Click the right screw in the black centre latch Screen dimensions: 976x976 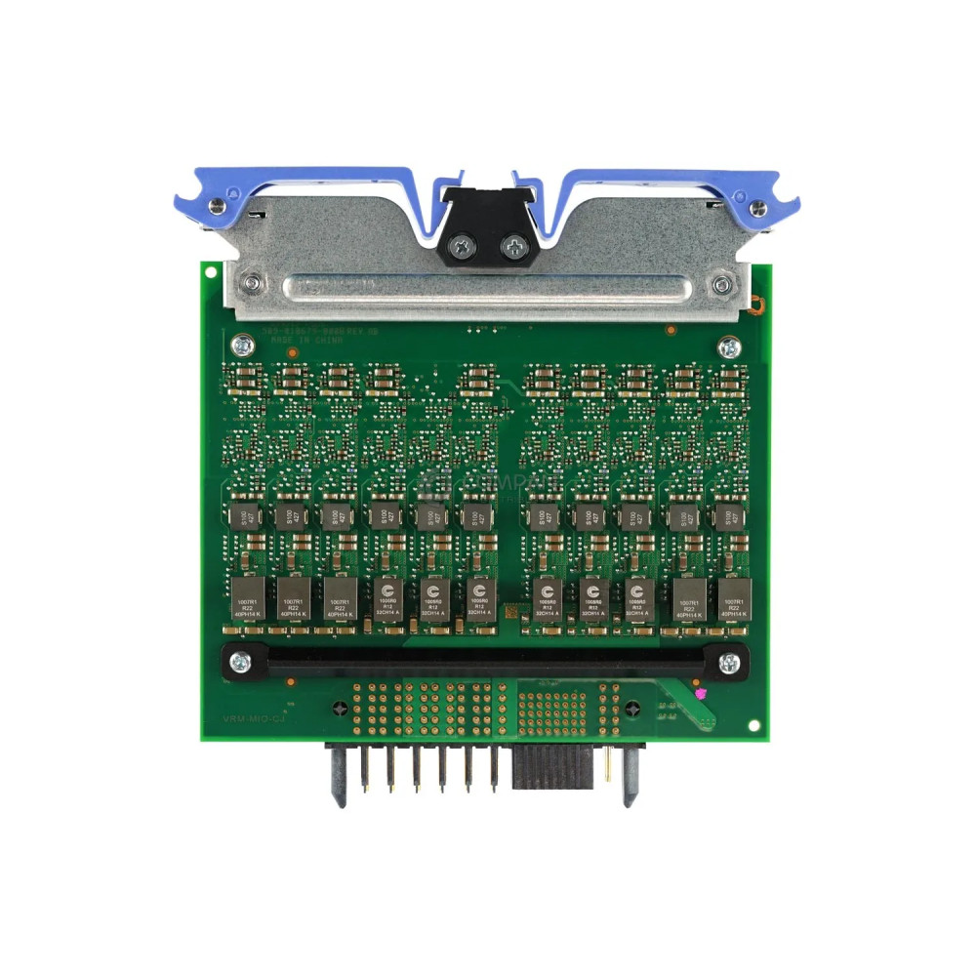510,248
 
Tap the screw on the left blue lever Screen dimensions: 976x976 216,205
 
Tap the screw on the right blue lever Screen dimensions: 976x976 757,206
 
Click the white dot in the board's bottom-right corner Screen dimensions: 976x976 752,725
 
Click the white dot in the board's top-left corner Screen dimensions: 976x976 209,272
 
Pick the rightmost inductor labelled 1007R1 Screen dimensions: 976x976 733,595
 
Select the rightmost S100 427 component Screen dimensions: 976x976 724,515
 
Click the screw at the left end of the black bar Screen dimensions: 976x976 240,662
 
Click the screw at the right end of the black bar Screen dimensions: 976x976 728,662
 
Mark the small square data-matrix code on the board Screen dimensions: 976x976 508,610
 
